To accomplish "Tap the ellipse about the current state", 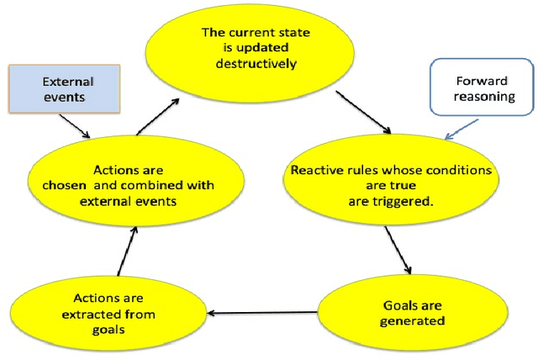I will tap(254, 48).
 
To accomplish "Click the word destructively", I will tap(256, 61).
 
